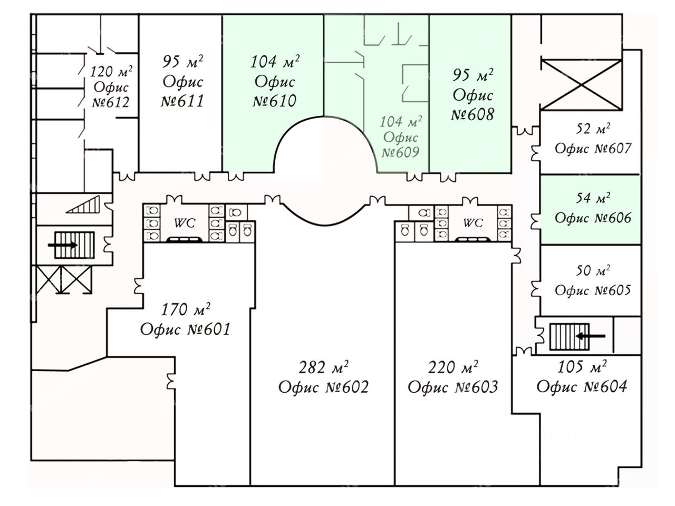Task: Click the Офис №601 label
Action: click(x=185, y=329)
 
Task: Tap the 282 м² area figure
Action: click(x=323, y=367)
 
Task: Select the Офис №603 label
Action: click(x=452, y=387)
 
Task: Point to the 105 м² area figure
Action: click(x=582, y=367)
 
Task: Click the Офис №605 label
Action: click(x=593, y=290)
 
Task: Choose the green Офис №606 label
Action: click(x=593, y=218)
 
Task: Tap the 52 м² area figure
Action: click(x=593, y=129)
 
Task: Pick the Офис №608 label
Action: click(x=472, y=105)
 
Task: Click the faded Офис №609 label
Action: click(x=400, y=145)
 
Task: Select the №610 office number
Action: click(x=274, y=101)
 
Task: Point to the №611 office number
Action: click(x=182, y=101)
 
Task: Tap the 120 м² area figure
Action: click(x=111, y=72)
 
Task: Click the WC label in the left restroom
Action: click(x=185, y=223)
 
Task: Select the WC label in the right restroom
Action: click(x=473, y=223)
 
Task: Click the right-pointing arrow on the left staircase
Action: click(x=62, y=245)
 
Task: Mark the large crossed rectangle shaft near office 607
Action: click(x=581, y=85)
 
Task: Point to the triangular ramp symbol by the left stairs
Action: click(x=83, y=205)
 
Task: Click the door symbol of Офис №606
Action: click(x=536, y=221)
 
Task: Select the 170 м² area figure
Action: click(x=186, y=310)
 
